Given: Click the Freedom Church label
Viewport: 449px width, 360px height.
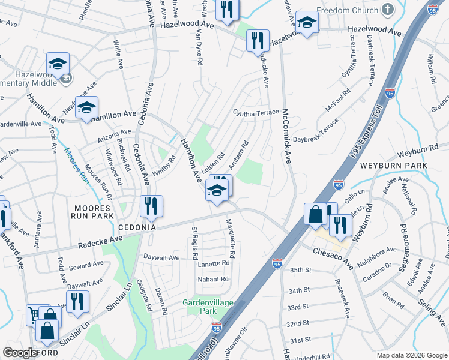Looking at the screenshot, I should (x=348, y=10).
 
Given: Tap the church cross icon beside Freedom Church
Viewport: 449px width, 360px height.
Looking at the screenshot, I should (x=387, y=10).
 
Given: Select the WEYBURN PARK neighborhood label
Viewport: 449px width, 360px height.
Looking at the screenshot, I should (x=393, y=165).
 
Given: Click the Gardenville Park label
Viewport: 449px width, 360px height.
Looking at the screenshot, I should (x=208, y=307).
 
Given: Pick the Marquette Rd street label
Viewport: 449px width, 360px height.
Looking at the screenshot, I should (x=231, y=238).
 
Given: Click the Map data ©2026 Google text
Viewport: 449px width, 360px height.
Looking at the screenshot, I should (x=411, y=355).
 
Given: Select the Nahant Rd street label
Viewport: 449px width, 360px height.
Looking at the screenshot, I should (x=213, y=280).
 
